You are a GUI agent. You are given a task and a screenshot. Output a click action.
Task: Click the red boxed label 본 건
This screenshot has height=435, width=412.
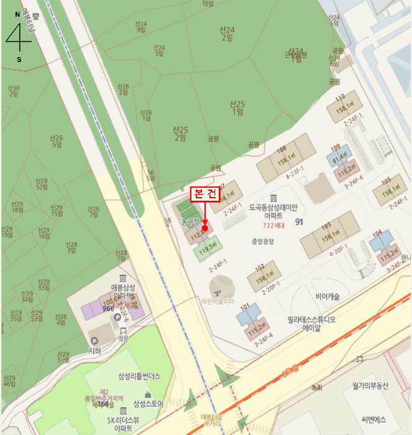(x=204, y=193)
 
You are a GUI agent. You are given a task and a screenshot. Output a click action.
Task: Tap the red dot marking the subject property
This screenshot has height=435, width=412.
(x=205, y=228)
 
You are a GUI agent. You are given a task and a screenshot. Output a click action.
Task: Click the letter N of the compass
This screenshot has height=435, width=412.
(x=17, y=14)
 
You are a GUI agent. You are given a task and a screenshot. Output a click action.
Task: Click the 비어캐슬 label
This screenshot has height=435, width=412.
(x=327, y=297)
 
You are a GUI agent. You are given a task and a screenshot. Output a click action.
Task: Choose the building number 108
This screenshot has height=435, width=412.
(x=282, y=150)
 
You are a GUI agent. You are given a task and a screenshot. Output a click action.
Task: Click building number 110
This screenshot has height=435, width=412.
(x=340, y=98)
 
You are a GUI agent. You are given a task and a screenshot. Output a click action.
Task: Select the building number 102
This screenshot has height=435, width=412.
(x=260, y=268)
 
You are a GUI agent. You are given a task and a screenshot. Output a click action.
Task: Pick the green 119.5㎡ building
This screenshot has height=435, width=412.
(x=208, y=250)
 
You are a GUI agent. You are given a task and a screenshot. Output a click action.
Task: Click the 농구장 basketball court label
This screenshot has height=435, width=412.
(x=190, y=221)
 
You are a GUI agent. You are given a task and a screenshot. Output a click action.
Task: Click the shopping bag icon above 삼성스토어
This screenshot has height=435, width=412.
(x=147, y=395)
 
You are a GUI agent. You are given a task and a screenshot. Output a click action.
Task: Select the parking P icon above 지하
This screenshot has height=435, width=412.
(x=94, y=341)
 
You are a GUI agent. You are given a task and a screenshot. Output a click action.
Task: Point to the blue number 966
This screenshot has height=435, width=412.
(x=109, y=309)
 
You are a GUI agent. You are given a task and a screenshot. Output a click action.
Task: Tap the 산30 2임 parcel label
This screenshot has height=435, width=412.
(x=14, y=91)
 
